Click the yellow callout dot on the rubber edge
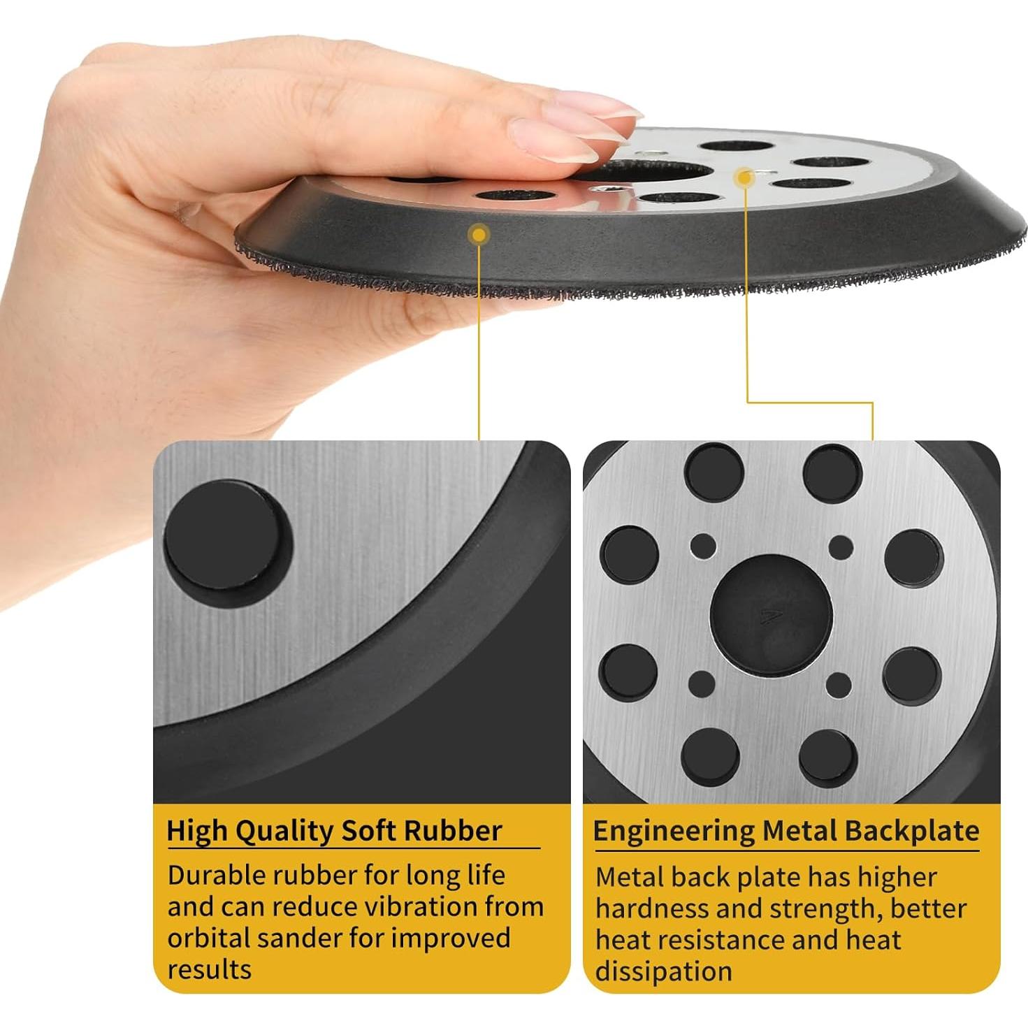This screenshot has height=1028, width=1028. click(479, 234)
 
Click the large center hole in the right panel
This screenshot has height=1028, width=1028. click(770, 612)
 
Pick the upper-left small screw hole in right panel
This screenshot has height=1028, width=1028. click(702, 546)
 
